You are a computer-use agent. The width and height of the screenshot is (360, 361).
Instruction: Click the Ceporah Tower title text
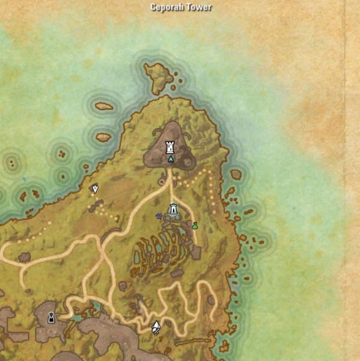tap(181, 8)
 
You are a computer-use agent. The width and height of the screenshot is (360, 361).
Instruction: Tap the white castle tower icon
tap(171, 147)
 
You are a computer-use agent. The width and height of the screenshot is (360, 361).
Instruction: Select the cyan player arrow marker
tap(171, 160)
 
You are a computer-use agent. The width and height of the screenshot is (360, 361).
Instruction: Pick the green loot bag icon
tap(195, 226)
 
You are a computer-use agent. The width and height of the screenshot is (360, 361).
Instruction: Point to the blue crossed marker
tap(159, 216)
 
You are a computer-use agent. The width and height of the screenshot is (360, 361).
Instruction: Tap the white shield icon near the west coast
tap(94, 189)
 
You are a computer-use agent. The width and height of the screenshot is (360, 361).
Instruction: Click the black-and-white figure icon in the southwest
tap(51, 317)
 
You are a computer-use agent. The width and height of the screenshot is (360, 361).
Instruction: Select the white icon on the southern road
tap(156, 327)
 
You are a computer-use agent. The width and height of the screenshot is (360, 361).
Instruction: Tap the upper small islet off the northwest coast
tap(103, 106)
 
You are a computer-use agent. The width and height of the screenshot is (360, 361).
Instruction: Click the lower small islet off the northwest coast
tap(103, 137)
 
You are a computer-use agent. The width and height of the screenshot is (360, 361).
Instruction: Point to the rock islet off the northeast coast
tap(236, 174)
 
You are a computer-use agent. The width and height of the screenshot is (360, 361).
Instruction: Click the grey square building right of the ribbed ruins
tap(196, 253)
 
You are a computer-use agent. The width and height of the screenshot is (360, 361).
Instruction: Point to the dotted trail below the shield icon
tap(102, 211)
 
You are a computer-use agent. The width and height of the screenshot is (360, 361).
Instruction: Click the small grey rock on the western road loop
tap(25, 258)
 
